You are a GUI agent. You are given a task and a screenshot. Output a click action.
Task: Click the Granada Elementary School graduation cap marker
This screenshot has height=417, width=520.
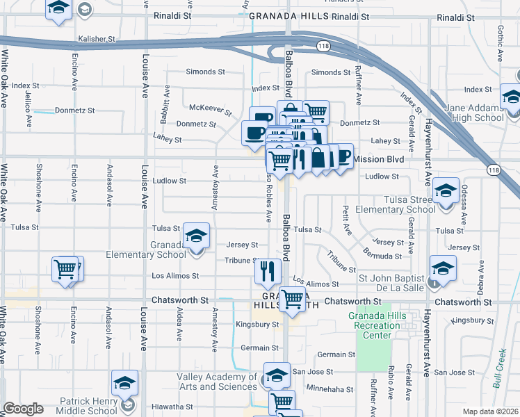pos(197,236)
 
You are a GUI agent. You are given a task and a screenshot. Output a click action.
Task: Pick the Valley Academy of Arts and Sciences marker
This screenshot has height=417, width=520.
pos(277,376)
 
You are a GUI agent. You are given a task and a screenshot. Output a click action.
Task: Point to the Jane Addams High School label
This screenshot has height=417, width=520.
pos(475,113)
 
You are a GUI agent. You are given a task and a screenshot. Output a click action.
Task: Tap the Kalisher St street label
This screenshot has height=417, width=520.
pos(96,40)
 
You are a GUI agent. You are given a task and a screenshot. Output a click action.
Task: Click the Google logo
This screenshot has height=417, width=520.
pos(23,409)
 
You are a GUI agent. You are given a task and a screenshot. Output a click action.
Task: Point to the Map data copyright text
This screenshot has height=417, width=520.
pos(490,411)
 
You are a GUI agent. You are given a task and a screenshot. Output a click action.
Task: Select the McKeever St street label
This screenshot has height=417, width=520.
pos(211,108)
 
